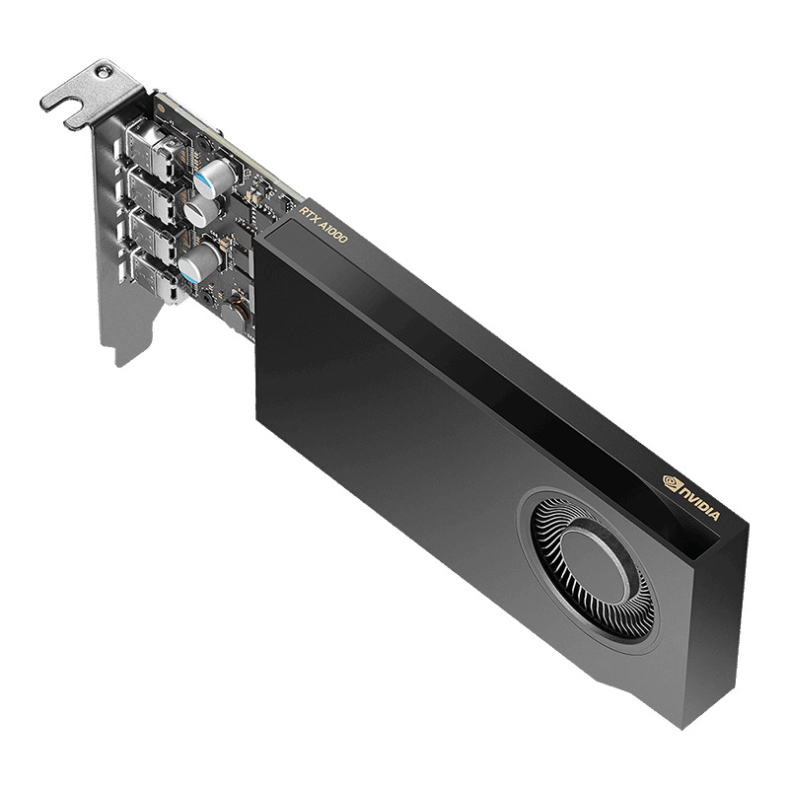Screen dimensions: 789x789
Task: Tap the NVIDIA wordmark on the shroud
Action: (699, 503)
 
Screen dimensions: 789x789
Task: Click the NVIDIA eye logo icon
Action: (671, 484)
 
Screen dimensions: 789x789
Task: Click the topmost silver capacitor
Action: (213, 178)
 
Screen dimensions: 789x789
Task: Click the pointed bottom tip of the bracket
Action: (119, 359)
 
